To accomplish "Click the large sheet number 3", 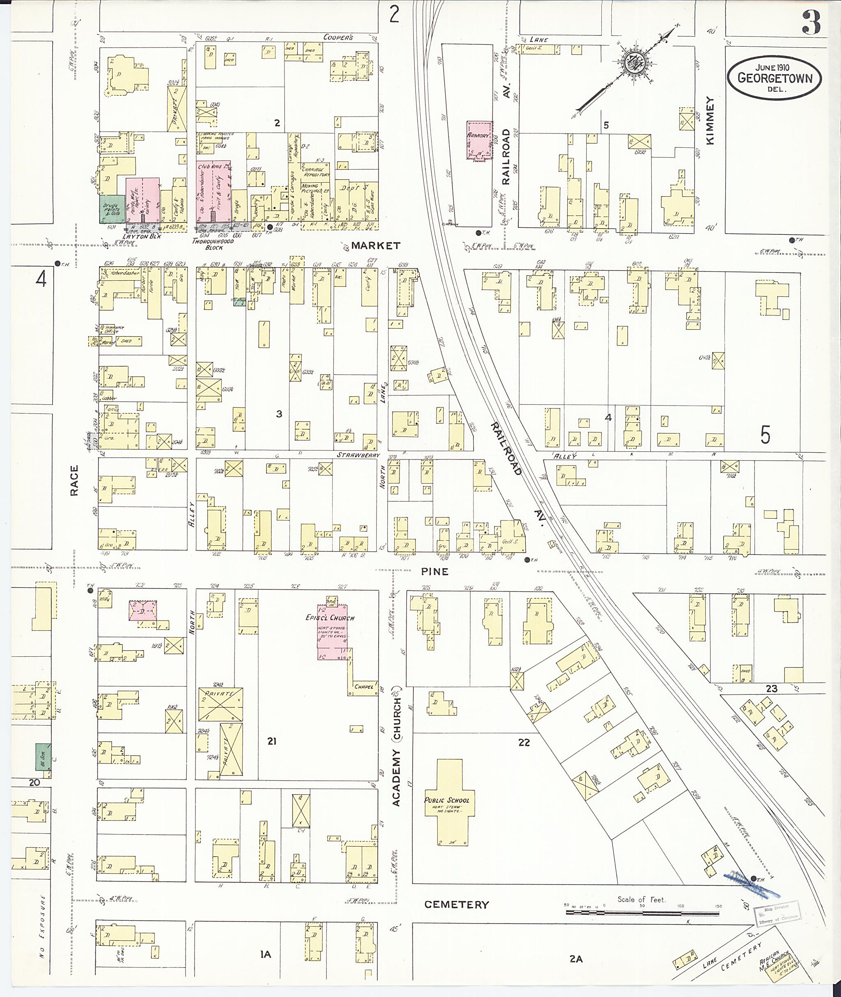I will (x=811, y=23).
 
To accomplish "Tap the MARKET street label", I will (x=376, y=245).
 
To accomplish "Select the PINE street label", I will (x=435, y=571).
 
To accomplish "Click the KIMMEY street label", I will (x=710, y=121).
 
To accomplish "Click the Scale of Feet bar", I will (x=642, y=912).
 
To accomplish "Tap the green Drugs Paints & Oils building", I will (x=110, y=209).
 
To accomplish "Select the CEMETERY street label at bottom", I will (x=456, y=904).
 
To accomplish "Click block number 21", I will (x=271, y=741).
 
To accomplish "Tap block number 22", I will (x=524, y=742).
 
